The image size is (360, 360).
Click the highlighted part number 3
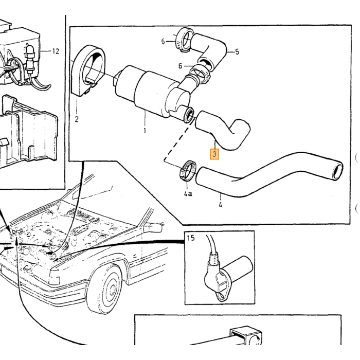click(x=214, y=154)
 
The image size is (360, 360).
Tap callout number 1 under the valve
click(x=145, y=131)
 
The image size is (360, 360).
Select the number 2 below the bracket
click(x=77, y=119)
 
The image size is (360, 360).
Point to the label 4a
click(x=188, y=194)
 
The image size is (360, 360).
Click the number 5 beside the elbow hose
click(x=237, y=52)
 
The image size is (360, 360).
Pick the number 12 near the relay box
click(x=56, y=51)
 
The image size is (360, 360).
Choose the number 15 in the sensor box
click(x=191, y=238)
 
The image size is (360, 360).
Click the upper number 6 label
click(x=163, y=42)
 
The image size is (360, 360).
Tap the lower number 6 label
click(x=180, y=66)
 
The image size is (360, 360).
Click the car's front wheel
click(x=106, y=290)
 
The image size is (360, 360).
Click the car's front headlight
click(x=54, y=277)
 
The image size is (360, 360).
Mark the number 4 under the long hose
click(x=221, y=205)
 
